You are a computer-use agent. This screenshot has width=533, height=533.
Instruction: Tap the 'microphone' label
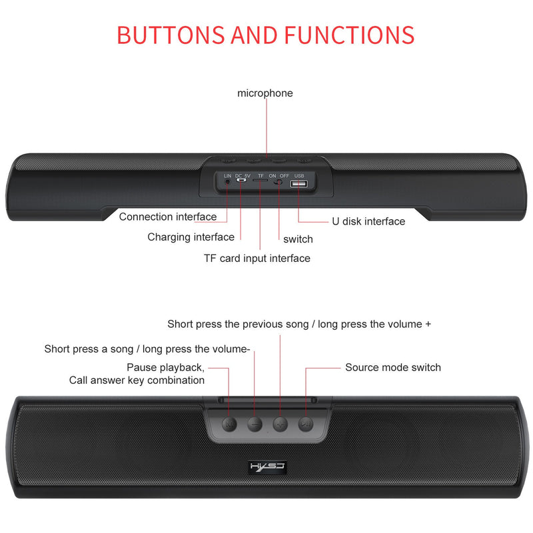(x=265, y=93)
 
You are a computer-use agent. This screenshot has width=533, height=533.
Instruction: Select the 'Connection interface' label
(x=168, y=217)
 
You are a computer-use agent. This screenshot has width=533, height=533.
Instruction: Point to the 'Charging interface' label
(x=191, y=237)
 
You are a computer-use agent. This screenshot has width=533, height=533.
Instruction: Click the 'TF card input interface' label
(x=257, y=258)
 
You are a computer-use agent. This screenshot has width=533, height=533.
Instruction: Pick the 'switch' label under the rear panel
(x=298, y=239)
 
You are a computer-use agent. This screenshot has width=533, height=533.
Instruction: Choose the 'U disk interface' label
(x=368, y=221)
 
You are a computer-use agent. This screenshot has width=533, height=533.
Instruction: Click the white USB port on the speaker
(x=299, y=185)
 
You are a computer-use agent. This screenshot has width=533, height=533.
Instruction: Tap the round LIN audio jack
(x=227, y=181)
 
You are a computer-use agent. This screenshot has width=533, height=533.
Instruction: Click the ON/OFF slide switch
(x=279, y=182)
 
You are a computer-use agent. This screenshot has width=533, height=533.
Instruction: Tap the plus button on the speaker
(x=280, y=424)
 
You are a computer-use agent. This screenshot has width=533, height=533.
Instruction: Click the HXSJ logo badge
(x=267, y=465)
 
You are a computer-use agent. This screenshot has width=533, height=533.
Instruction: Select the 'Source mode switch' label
(x=393, y=367)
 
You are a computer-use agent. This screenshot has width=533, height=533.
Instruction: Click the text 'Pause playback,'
(x=166, y=367)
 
